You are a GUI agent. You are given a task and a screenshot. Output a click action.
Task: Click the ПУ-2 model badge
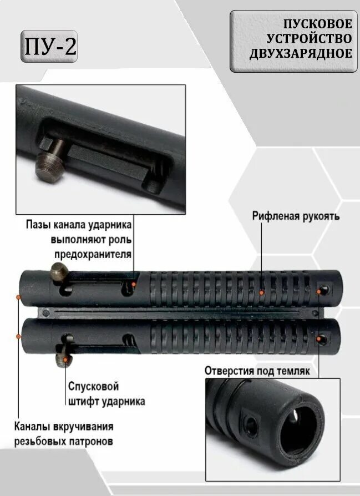point(49,47)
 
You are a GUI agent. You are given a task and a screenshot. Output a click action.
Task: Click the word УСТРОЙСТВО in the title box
point(310,39)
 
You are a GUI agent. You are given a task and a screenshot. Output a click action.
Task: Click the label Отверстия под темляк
point(257,370)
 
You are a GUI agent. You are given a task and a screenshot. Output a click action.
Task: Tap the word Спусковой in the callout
point(93,386)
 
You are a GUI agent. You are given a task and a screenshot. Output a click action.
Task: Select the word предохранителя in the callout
point(93,254)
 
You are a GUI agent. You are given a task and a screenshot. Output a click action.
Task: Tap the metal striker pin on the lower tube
point(64,360)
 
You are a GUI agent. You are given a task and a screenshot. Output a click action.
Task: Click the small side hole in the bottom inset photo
point(252,427)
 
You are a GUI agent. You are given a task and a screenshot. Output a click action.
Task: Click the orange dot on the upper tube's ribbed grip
point(261,291)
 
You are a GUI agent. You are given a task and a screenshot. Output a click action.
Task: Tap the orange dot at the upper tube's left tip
point(19,297)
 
